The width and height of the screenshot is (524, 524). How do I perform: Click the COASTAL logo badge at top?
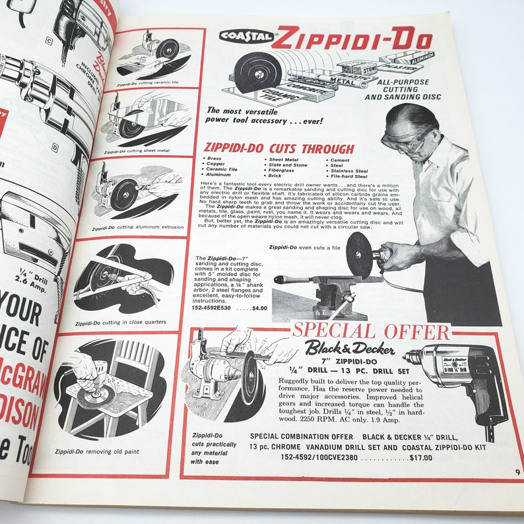click(246, 36)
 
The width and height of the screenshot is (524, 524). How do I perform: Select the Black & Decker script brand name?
click(349, 348)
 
